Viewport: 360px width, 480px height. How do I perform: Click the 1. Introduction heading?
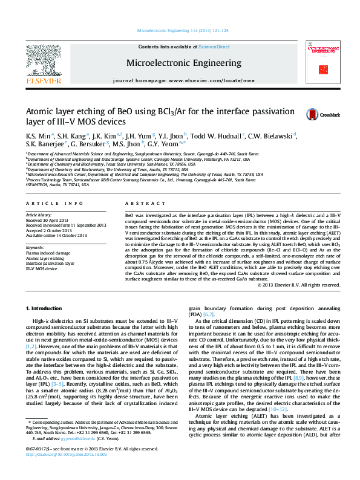coord(49,308)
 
